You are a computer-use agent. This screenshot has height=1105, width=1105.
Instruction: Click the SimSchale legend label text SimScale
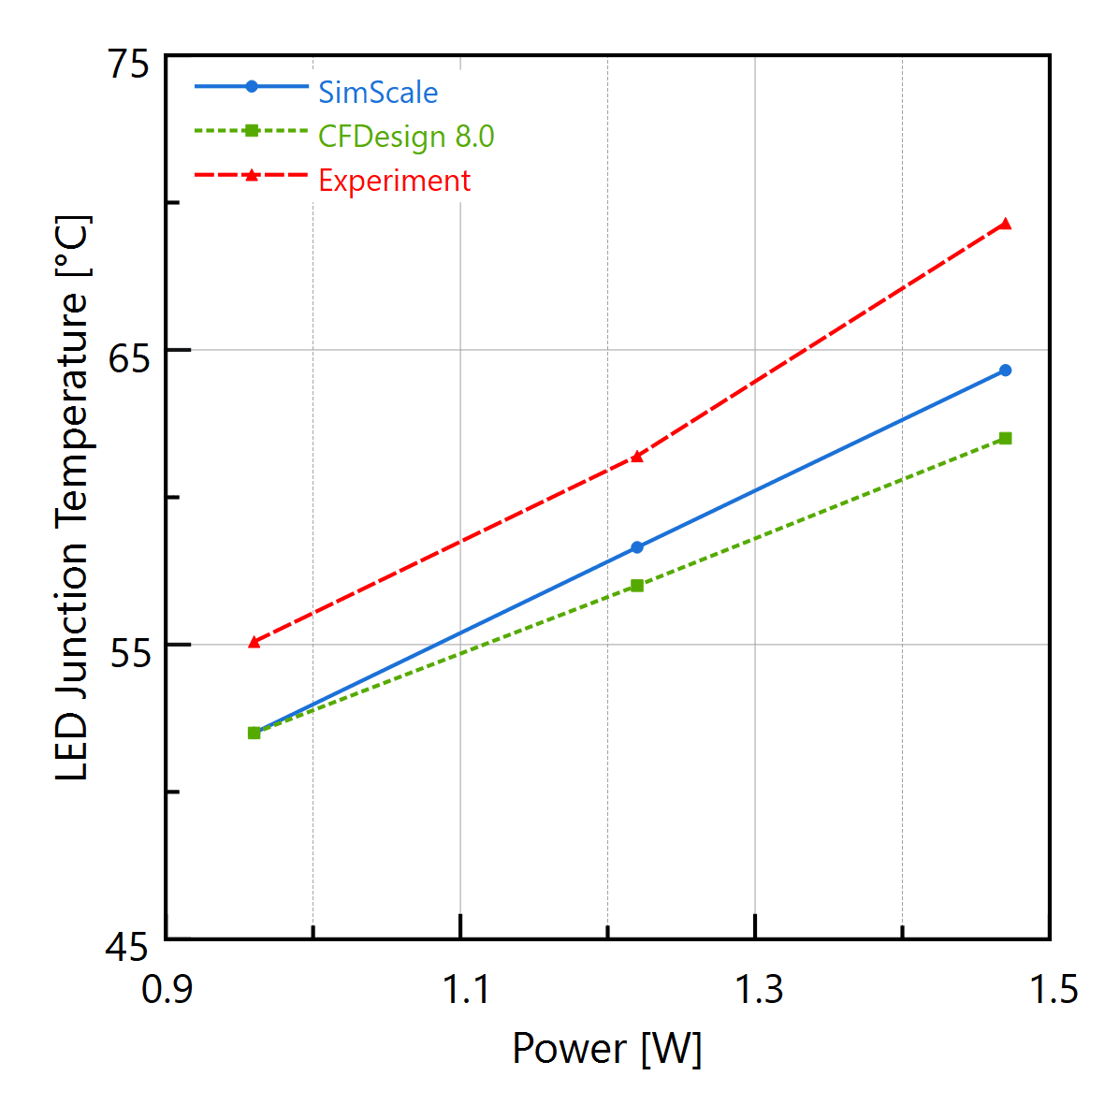click(x=377, y=92)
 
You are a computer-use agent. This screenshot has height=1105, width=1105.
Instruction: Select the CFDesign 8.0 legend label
click(x=405, y=136)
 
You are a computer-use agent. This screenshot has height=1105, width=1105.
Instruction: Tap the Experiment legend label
click(x=394, y=180)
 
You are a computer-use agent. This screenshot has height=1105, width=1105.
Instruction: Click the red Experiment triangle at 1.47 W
click(x=1005, y=224)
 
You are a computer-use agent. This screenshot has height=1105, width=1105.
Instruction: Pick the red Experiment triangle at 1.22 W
click(x=637, y=457)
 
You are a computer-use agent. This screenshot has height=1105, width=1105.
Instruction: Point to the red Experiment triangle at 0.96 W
click(x=254, y=642)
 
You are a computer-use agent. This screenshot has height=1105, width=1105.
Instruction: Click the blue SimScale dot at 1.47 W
click(x=1005, y=371)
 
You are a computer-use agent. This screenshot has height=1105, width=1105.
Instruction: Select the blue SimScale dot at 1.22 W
click(x=637, y=547)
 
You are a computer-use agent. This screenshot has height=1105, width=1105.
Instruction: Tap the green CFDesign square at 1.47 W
click(x=1005, y=438)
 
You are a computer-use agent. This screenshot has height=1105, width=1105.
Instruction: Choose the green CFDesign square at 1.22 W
click(x=637, y=586)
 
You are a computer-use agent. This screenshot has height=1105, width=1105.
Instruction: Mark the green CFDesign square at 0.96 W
click(x=254, y=733)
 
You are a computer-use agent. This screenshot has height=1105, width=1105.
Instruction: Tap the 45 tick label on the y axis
click(x=127, y=948)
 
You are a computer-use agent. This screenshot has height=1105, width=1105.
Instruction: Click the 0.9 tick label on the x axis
click(x=167, y=989)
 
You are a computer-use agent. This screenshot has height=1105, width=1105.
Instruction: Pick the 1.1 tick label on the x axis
click(x=462, y=989)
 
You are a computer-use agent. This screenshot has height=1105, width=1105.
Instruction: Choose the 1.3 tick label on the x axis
click(x=756, y=989)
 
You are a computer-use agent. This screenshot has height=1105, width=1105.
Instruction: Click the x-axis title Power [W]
click(x=606, y=1049)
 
